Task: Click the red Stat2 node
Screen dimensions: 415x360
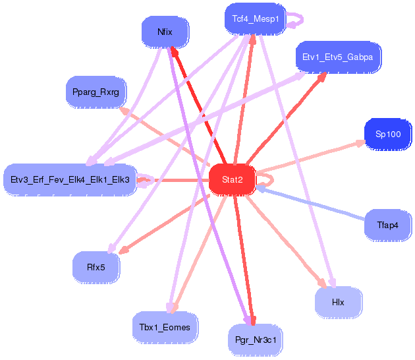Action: click(x=232, y=180)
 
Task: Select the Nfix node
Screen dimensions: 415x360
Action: click(x=165, y=32)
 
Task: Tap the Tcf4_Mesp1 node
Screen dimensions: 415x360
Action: click(x=255, y=19)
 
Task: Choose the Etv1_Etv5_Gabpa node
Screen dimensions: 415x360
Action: click(x=338, y=57)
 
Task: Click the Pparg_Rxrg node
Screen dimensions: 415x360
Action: click(x=96, y=92)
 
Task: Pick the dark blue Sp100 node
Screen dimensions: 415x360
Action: click(x=388, y=135)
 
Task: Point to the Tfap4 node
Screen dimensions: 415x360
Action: click(x=388, y=225)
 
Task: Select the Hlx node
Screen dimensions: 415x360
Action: click(x=338, y=302)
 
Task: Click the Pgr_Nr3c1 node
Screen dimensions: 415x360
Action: click(x=255, y=340)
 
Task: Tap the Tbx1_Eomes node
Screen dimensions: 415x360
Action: click(x=165, y=328)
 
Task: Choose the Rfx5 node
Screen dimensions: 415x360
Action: click(x=96, y=267)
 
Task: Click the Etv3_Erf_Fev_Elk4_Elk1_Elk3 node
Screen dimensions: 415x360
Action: click(x=70, y=180)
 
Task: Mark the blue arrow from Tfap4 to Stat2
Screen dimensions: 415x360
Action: click(x=310, y=203)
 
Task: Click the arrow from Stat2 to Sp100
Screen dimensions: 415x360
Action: click(x=310, y=156)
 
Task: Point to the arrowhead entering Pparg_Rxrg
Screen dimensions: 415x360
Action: click(x=124, y=110)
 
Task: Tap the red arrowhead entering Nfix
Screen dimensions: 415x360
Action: click(x=175, y=51)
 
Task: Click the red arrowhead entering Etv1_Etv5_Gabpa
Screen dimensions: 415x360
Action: click(x=322, y=77)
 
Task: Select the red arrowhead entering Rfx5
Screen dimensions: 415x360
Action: click(x=124, y=250)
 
